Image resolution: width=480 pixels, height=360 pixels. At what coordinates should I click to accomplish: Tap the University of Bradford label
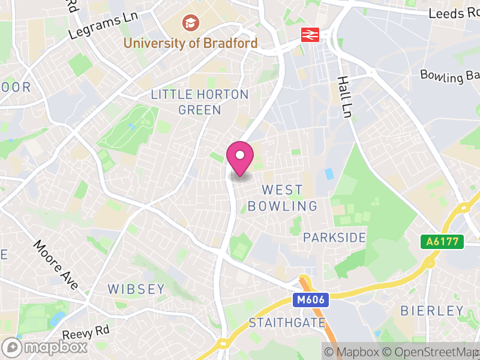[x=190, y=43]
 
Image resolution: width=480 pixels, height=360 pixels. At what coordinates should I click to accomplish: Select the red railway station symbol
[x=310, y=35]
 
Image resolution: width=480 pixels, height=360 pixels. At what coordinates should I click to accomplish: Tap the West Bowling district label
[x=283, y=198]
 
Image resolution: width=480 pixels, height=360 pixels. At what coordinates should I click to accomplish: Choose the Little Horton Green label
[x=200, y=102]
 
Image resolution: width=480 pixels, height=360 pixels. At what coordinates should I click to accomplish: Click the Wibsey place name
[x=136, y=289]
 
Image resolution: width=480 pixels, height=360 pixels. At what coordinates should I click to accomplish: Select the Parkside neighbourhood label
[x=334, y=238]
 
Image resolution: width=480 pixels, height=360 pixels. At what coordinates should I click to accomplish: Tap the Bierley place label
[x=432, y=311]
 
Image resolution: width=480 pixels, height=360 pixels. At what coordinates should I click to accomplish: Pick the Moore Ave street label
[x=56, y=265]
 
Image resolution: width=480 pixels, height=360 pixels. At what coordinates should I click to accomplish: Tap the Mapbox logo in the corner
[x=46, y=347]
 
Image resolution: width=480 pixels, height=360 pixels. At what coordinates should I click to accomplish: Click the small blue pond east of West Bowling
[x=328, y=174]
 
